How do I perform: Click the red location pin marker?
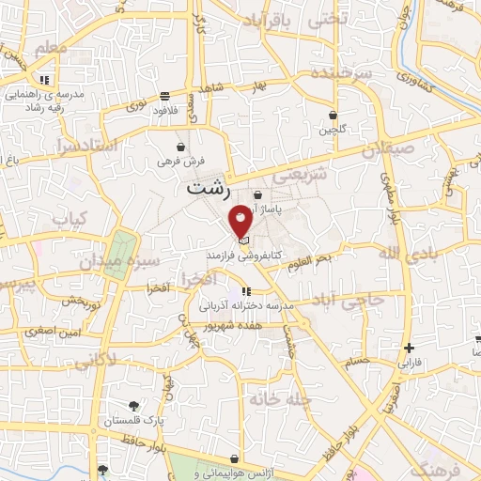(x=241, y=221)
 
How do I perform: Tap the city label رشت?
(x=208, y=187)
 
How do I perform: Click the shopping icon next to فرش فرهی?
(x=180, y=147)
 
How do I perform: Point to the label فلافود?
(x=164, y=109)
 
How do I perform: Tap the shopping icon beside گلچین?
(x=333, y=116)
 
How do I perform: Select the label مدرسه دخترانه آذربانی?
(x=247, y=305)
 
